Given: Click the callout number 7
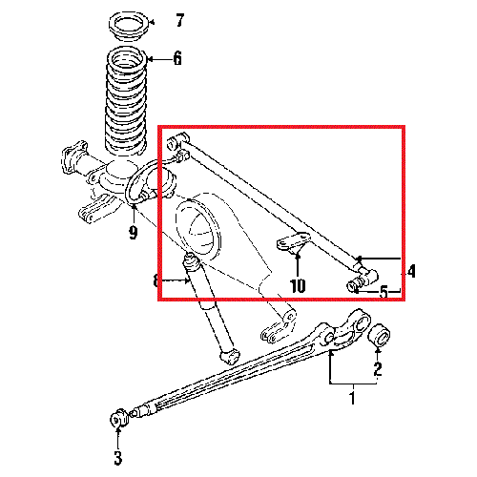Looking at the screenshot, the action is point(180,21).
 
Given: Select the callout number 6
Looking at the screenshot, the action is point(177,58).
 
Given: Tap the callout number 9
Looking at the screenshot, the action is point(134,233).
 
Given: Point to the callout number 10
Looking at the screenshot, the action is point(298,285).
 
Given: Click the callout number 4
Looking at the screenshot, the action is point(411,271).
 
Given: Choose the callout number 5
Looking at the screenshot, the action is point(384,292).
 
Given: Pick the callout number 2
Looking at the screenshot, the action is point(378,369).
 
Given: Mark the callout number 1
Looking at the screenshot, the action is point(352,398).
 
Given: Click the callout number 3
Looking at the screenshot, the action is point(118,458).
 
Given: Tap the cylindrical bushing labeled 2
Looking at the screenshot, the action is point(380,336).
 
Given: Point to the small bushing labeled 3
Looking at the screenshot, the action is point(118,419).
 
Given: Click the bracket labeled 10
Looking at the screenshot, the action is point(293,242).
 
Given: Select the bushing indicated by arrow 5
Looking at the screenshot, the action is point(355,283).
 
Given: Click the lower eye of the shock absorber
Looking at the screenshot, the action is point(230,356).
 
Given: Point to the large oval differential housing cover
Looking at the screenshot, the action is point(197,228).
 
